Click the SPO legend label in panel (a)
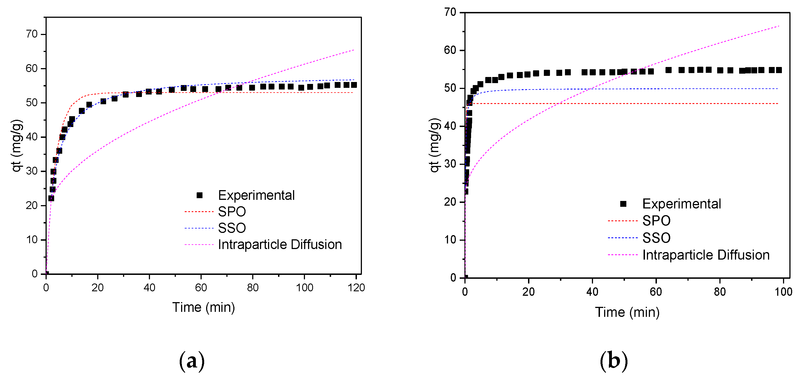pos(232,212)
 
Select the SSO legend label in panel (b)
pos(656,238)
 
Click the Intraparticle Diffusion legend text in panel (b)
pos(706,255)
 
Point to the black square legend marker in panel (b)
pos(623,204)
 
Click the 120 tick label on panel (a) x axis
pos(356,288)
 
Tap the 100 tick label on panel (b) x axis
pos(783,292)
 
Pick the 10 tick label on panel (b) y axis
pos(450,240)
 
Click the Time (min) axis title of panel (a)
pos(204,307)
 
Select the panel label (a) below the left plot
pos(192,361)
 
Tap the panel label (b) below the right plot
pos(614,361)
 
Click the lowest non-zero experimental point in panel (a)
pos(51,198)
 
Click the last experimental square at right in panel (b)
pos(779,70)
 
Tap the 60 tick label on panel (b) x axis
pos(656,292)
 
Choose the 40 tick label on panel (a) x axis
pos(149,288)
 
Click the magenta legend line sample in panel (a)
pos(199,245)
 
